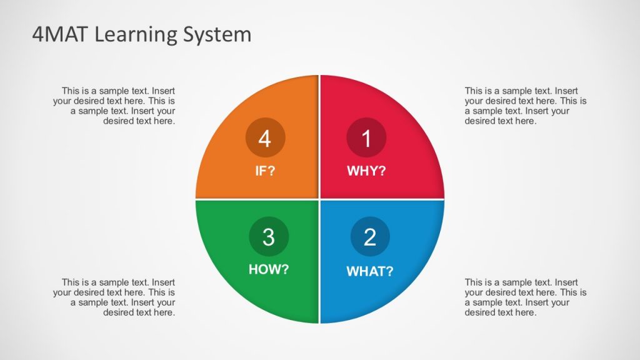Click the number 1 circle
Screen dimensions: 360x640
[366, 137]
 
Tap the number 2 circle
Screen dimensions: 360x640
[370, 237]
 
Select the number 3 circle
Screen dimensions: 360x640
[269, 237]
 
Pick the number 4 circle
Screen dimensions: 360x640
[265, 137]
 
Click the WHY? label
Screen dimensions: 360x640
[366, 171]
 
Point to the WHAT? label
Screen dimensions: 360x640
[370, 271]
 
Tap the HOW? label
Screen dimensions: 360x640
[269, 270]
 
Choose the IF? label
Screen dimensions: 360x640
[265, 171]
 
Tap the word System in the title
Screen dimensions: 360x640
[217, 35]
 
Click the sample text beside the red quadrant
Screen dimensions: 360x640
[526, 106]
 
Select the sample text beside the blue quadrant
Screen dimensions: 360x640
[526, 297]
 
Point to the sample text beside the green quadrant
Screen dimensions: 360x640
[114, 297]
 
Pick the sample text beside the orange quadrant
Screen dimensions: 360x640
[114, 106]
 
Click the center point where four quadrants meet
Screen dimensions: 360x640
[320, 199]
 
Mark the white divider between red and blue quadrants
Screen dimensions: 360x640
[382, 199]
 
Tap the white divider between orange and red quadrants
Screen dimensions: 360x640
[320, 137]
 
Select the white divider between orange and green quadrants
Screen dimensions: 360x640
[257, 199]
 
